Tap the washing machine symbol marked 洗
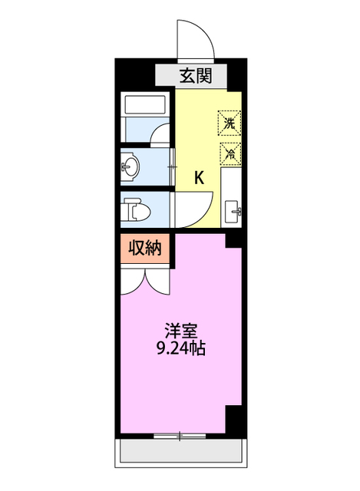click(230, 122)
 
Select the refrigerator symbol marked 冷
click(230, 152)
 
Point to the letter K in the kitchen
click(198, 179)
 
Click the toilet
click(137, 209)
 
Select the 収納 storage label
click(143, 248)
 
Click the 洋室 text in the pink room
click(183, 332)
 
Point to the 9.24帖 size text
click(183, 348)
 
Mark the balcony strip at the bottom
click(182, 452)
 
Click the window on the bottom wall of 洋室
click(181, 437)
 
